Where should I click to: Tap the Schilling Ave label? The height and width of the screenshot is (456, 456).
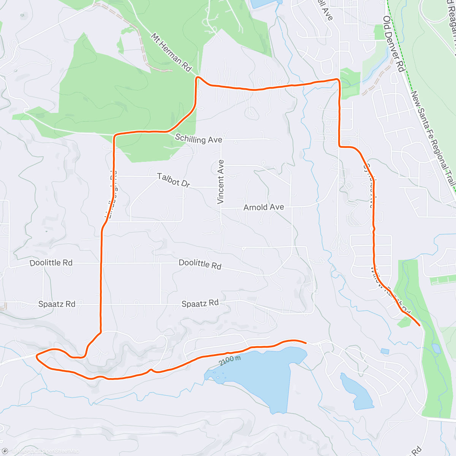[x=198, y=139]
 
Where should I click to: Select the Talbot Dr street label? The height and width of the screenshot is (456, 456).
[x=174, y=180]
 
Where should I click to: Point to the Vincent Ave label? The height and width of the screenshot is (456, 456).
[x=220, y=182]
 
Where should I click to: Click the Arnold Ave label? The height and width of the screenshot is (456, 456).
[x=264, y=207]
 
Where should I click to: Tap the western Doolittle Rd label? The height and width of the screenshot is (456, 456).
[x=51, y=263]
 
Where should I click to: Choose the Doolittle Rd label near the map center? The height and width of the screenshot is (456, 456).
[x=200, y=264]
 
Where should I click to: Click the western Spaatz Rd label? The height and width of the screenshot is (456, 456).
[x=57, y=304]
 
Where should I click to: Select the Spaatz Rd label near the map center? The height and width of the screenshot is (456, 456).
[x=200, y=303]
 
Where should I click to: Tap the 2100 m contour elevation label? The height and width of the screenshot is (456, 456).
[x=230, y=361]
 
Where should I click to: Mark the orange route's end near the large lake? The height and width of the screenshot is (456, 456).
[x=306, y=342]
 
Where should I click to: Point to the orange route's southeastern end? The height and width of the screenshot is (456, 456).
[x=419, y=326]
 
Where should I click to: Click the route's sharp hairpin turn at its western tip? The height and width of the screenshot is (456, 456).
[x=37, y=356]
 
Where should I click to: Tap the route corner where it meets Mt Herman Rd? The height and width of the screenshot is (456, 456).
[x=197, y=78]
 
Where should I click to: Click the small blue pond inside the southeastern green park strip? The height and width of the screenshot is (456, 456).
[x=436, y=348]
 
